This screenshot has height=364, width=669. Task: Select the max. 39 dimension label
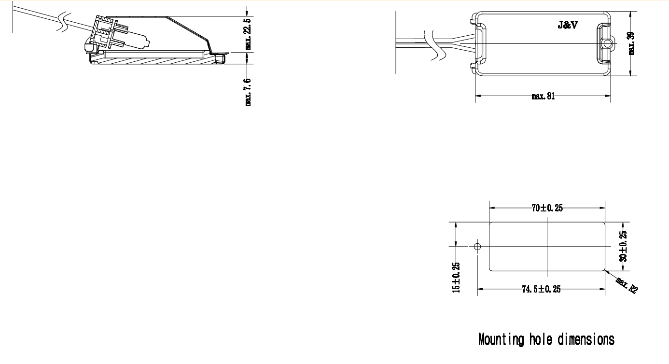pyautogui.click(x=632, y=43)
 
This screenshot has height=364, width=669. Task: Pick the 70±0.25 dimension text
pyautogui.click(x=547, y=208)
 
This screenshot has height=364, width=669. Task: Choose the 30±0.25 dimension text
pyautogui.click(x=623, y=246)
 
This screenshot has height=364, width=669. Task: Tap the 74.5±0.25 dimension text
pyautogui.click(x=541, y=290)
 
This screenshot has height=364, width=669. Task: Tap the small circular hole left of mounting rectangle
pyautogui.click(x=477, y=247)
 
